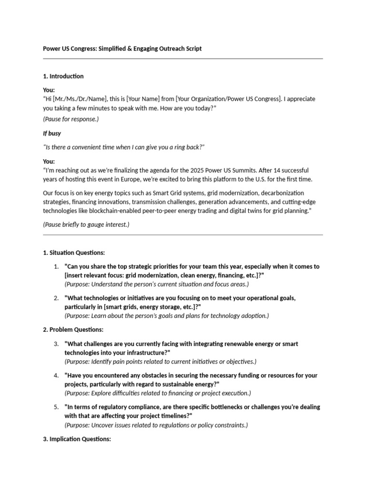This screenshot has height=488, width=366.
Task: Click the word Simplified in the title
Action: tap(113, 49)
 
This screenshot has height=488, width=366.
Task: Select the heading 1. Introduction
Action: tap(63, 76)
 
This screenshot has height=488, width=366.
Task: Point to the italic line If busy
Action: tap(52, 133)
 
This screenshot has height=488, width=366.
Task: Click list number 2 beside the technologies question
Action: tap(56, 298)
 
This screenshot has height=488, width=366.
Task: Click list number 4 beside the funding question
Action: tap(56, 376)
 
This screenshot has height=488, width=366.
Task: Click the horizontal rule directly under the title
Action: tap(183, 59)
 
